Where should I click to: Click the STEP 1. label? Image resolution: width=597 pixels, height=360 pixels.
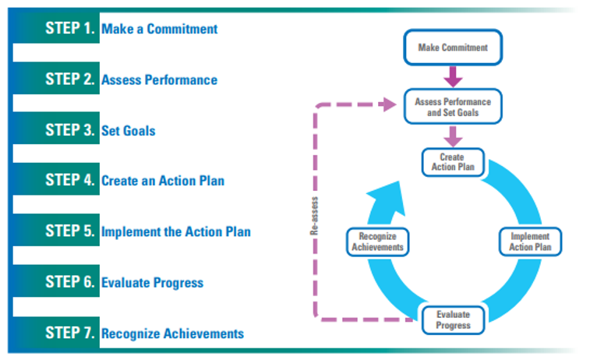(x=70, y=30)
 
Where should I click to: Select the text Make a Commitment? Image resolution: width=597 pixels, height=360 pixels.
(x=160, y=30)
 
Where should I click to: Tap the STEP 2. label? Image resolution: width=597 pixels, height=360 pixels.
(x=70, y=79)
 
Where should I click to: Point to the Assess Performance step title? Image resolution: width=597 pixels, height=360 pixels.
(x=159, y=79)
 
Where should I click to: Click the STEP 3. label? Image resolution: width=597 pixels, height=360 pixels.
(x=70, y=130)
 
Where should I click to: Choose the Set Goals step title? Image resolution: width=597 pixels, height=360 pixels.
(x=129, y=130)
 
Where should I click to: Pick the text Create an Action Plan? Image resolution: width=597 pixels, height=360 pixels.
(x=163, y=181)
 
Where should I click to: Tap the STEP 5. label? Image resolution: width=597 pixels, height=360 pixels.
(x=70, y=231)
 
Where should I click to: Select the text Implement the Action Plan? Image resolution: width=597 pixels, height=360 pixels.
(x=176, y=231)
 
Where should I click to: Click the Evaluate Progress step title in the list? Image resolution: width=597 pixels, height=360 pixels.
(x=153, y=283)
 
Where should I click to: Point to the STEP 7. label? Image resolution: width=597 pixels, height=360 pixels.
(x=70, y=334)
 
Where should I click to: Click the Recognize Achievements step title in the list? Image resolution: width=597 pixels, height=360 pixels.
(x=172, y=334)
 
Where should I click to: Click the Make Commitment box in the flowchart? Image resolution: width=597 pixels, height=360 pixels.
(x=453, y=48)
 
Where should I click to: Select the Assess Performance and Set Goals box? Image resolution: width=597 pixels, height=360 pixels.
(x=453, y=107)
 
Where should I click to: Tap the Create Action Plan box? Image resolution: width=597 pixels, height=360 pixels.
(x=452, y=162)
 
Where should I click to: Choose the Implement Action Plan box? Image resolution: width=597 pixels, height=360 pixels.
(x=530, y=242)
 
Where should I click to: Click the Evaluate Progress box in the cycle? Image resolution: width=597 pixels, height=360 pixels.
(x=453, y=319)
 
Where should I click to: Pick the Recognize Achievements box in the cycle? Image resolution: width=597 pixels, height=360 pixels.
(x=377, y=242)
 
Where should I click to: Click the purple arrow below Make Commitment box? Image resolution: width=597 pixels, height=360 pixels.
(x=453, y=76)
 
